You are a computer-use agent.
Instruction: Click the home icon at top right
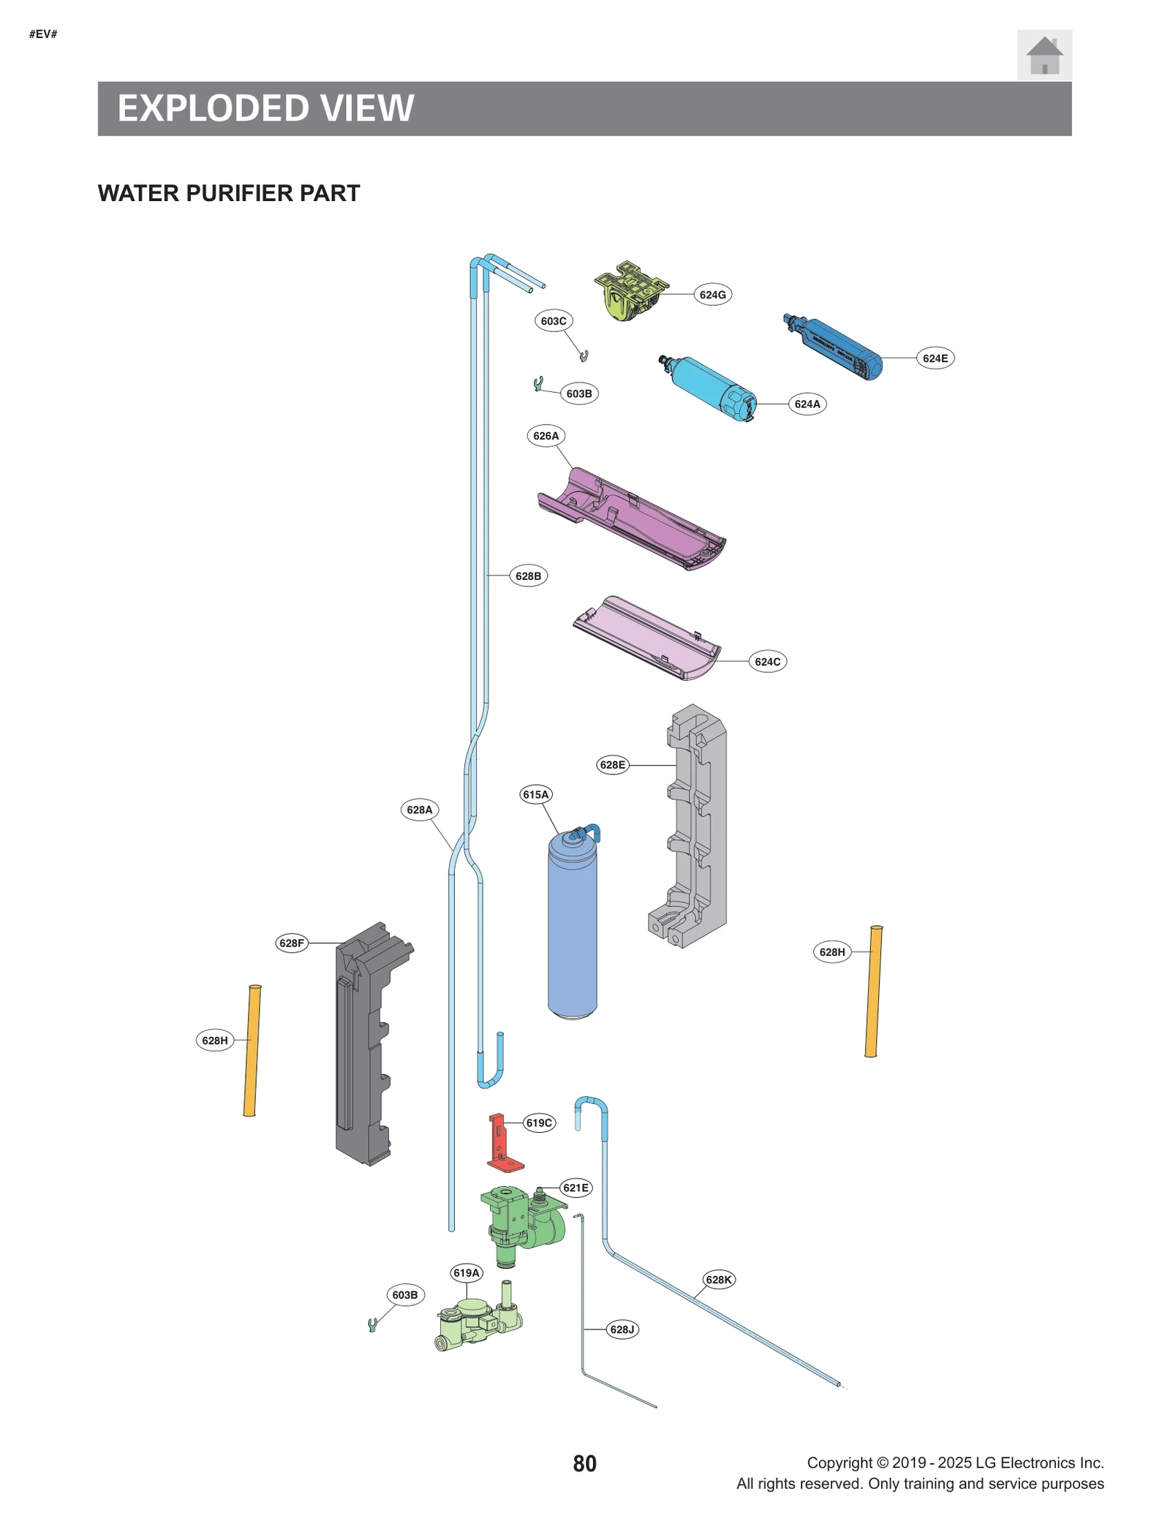[x=1043, y=55]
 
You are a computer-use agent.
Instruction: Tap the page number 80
[x=584, y=1463]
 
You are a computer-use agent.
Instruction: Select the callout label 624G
[x=712, y=295]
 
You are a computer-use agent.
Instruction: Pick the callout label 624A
[x=807, y=404]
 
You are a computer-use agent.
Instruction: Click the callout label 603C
[x=553, y=321]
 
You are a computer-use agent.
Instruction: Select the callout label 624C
[x=767, y=662]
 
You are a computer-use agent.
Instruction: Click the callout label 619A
[x=466, y=1272]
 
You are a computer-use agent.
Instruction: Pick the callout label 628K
[x=718, y=1279]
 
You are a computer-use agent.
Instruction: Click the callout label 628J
[x=622, y=1329]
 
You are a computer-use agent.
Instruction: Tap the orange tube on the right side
[x=873, y=991]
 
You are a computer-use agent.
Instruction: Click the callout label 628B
[x=528, y=576]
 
